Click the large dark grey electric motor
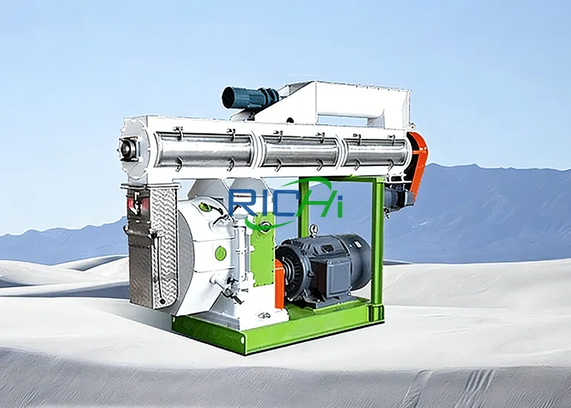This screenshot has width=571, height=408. (x=326, y=263)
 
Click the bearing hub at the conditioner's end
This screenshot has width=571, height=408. (x=128, y=148)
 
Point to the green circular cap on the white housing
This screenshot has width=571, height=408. (x=220, y=253)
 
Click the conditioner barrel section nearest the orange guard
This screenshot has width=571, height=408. (x=374, y=152)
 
